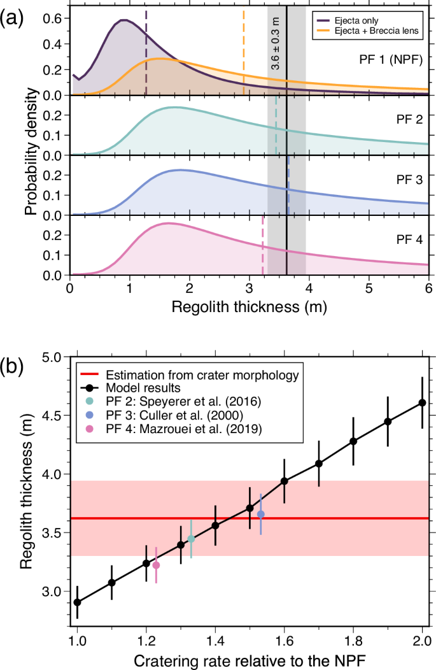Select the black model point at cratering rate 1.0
[77, 602]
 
